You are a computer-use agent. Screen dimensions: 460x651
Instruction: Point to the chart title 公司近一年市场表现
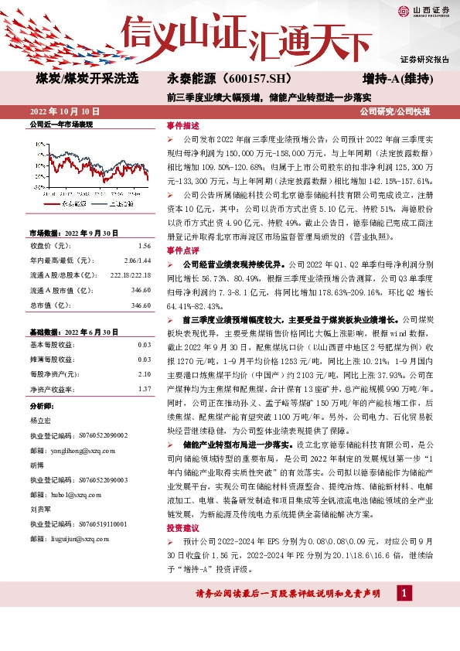click(60, 124)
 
